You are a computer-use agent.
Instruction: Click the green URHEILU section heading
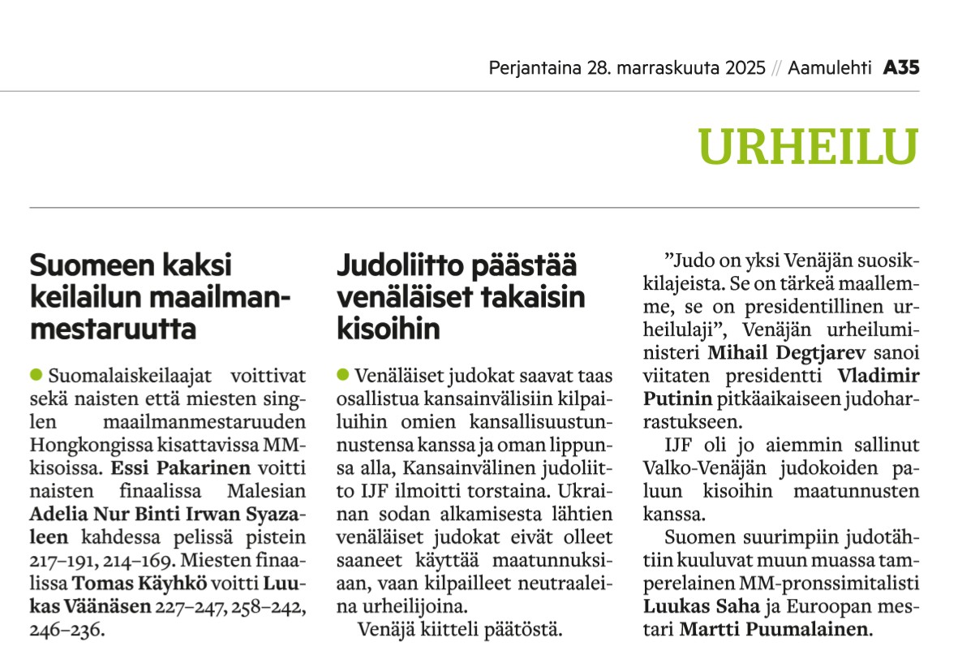(x=808, y=147)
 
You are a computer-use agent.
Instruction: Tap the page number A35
(x=901, y=68)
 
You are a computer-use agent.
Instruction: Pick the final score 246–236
(x=68, y=627)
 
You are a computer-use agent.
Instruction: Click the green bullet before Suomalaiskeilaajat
(x=35, y=375)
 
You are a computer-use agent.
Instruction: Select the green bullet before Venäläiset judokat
(x=342, y=375)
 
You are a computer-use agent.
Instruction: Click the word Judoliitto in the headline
(x=396, y=267)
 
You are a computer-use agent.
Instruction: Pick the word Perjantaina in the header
(x=535, y=68)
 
